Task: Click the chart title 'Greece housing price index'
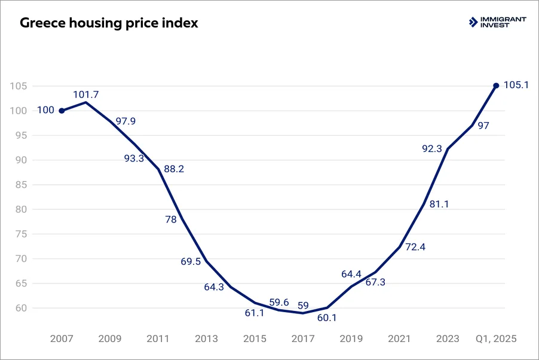click(x=109, y=24)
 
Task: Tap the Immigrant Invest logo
click(x=497, y=23)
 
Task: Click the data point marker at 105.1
click(x=496, y=86)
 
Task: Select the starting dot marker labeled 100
click(x=62, y=111)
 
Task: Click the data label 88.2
click(x=173, y=169)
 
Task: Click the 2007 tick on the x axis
click(x=62, y=338)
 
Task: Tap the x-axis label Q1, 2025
click(x=495, y=338)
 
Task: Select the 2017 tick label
click(x=303, y=338)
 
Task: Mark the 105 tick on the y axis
click(x=19, y=86)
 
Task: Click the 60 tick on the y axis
click(x=21, y=309)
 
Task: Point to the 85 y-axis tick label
click(x=21, y=185)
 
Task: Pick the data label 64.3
click(x=214, y=287)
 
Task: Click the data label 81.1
click(x=439, y=205)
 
